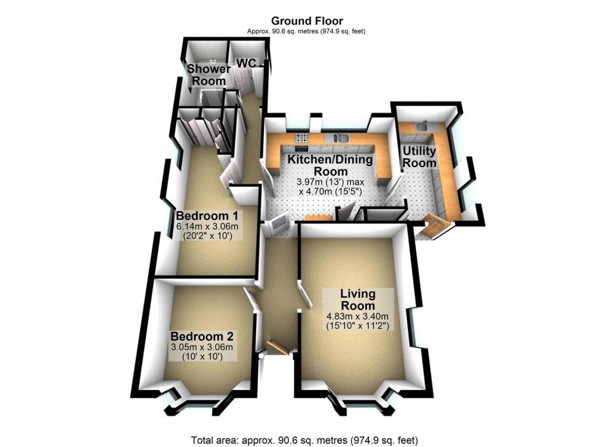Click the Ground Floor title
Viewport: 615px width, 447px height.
[x=307, y=21]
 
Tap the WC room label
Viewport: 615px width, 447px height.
[x=247, y=63]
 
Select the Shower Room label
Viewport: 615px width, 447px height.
[x=208, y=75]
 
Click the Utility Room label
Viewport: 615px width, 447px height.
[x=419, y=157]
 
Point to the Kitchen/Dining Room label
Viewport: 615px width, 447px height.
[x=330, y=165]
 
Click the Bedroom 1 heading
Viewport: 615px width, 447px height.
[x=207, y=216]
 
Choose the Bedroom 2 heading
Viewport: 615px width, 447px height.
[x=202, y=336]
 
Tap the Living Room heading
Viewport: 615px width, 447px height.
[x=358, y=299]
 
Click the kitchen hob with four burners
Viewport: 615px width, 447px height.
[x=301, y=138]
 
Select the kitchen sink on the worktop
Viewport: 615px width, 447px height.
[x=339, y=138]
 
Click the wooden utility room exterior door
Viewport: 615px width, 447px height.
[x=435, y=226]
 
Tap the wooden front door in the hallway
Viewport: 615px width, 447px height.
[x=278, y=348]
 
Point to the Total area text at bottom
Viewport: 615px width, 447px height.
[x=304, y=440]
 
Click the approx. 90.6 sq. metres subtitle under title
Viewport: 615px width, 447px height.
[x=306, y=31]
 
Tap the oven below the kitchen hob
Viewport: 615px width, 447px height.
[x=301, y=148]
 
